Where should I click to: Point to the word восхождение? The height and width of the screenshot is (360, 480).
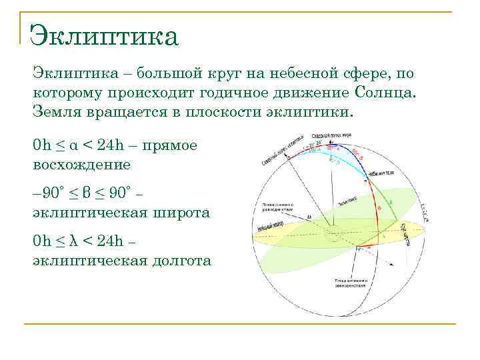[x=81, y=163]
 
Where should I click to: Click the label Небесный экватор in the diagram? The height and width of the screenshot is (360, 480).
[x=266, y=227]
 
